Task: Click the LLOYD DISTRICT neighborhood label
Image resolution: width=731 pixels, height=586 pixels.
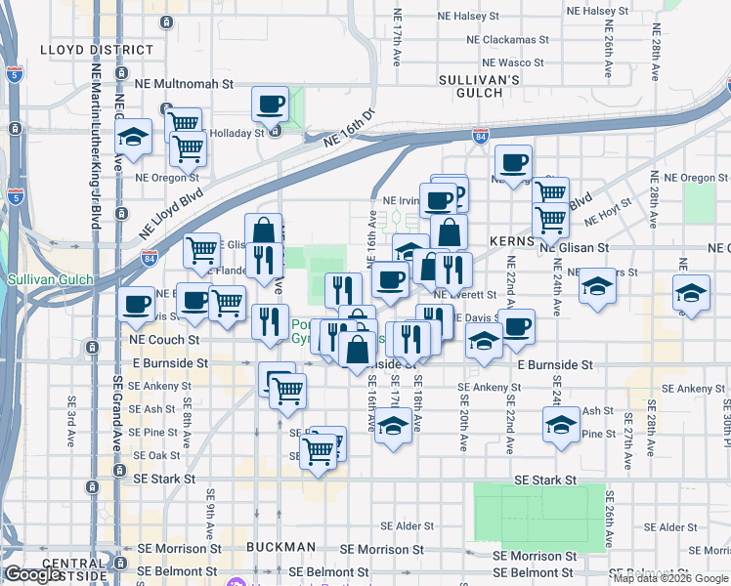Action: coord(97,49)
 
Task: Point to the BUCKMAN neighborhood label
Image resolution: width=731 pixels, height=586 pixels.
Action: coord(280,547)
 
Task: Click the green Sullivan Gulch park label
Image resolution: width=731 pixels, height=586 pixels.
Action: coord(50,279)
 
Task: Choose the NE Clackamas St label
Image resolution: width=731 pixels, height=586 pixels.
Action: coord(514,40)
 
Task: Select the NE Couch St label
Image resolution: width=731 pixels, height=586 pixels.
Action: coord(165,340)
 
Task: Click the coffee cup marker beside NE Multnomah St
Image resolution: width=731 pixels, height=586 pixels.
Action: coord(270,104)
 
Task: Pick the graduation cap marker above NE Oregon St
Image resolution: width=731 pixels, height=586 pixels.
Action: coord(134,137)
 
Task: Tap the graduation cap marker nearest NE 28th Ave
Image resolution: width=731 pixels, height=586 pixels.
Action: coord(692,292)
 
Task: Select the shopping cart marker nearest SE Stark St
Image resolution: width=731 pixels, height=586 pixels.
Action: coord(319,451)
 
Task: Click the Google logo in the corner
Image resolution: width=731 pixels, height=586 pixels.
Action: coord(33,575)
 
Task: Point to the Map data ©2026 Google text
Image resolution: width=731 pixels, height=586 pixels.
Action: coord(670,578)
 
